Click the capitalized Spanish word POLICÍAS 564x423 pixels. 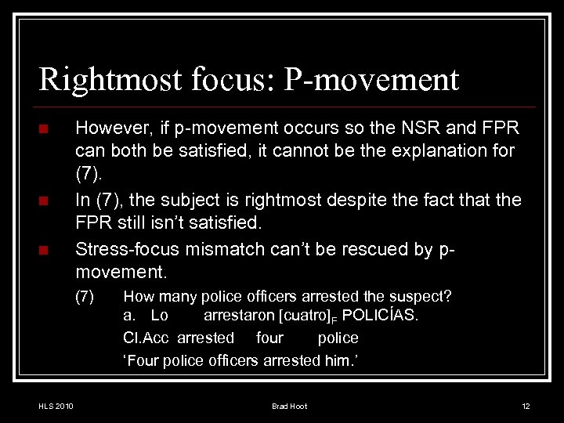pyautogui.click(x=381, y=316)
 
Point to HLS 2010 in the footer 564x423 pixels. pyautogui.click(x=56, y=406)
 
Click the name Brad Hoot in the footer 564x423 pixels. pyautogui.click(x=289, y=406)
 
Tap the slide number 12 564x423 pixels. pyautogui.click(x=526, y=406)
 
